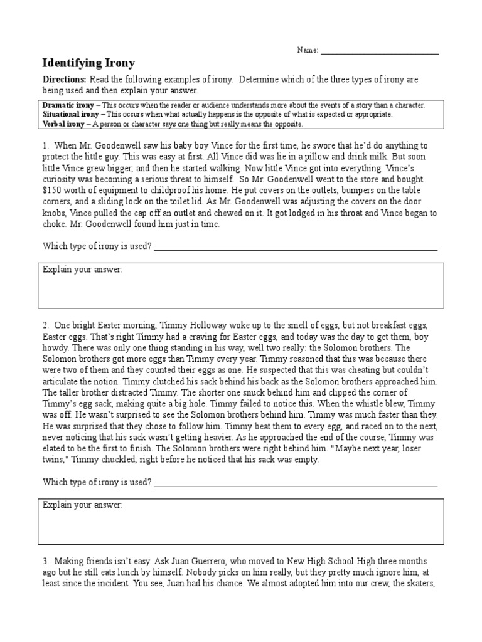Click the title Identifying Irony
click(x=88, y=63)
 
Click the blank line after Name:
click(x=379, y=51)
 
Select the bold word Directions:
click(x=64, y=80)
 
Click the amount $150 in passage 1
click(x=53, y=190)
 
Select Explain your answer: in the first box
click(x=82, y=270)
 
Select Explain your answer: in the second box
click(x=82, y=505)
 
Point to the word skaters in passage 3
click(x=422, y=584)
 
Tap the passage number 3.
click(x=45, y=561)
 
